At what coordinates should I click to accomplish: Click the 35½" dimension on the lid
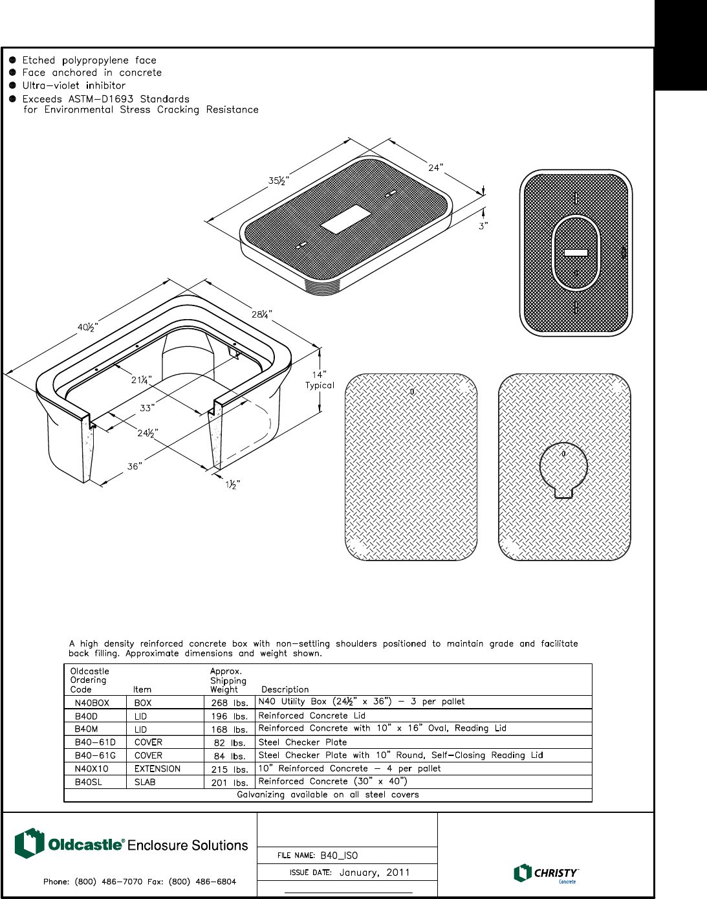tap(279, 181)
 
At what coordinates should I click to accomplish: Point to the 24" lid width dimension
tap(435, 168)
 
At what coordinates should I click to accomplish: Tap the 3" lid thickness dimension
tap(483, 225)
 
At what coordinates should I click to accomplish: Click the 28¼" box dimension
tap(261, 315)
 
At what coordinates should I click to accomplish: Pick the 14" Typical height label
tap(320, 379)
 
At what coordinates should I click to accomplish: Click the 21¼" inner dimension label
tap(141, 380)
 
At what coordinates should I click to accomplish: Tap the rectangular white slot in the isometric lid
tap(345, 219)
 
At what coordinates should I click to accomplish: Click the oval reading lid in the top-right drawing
tap(576, 252)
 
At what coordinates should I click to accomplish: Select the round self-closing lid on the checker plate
tap(563, 467)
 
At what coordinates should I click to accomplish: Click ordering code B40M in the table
tap(86, 729)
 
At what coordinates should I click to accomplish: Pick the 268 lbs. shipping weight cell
tap(230, 702)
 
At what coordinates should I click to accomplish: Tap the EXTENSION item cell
tap(157, 769)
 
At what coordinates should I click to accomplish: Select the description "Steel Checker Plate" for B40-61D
tap(303, 742)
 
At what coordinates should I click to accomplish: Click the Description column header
tap(285, 689)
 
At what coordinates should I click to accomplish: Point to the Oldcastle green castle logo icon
tap(29, 843)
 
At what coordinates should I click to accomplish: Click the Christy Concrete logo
tap(546, 873)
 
